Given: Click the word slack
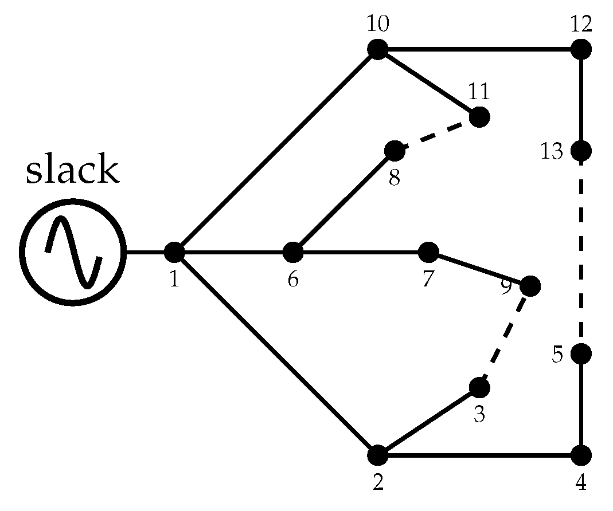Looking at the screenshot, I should point(72,171).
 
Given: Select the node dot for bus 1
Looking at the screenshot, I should point(174,251).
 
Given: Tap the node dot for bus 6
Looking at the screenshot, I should point(293,251).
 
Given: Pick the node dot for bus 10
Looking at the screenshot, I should point(377,49).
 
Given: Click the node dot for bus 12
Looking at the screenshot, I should point(581,49).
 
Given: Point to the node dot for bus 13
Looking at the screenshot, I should point(581,151).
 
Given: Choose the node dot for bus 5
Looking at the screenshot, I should point(581,353).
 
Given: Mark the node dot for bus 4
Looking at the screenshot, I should point(581,455).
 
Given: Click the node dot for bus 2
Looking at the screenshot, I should point(377,455).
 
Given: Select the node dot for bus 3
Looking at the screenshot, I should point(479,387).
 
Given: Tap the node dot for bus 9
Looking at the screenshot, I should point(530,286).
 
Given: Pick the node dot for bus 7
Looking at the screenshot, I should point(428,251).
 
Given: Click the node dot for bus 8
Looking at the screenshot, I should point(394,151).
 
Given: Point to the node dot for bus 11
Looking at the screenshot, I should point(479,117).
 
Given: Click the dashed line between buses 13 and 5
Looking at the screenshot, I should point(581,252).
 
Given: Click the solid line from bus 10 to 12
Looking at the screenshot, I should point(479,49).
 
